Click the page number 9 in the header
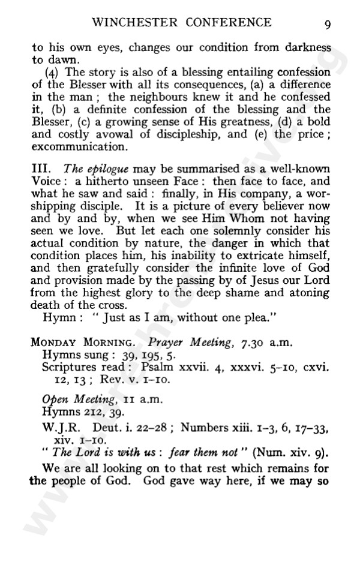[x=328, y=25]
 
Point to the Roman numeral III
[x=39, y=170]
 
